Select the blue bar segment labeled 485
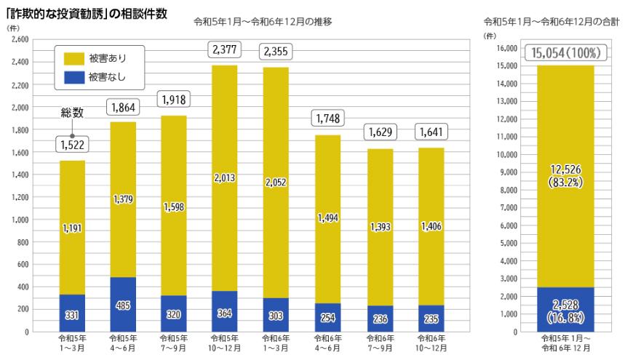[x=122, y=304]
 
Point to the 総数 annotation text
[x=72, y=113]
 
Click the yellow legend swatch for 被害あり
[x=73, y=57]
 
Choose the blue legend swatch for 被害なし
[x=73, y=75]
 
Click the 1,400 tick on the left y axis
[x=20, y=175]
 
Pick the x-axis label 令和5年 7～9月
[x=173, y=343]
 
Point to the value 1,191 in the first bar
[x=71, y=228]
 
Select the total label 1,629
[x=378, y=133]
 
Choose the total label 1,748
[x=327, y=118]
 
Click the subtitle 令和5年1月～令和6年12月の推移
[x=263, y=22]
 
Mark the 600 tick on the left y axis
[x=22, y=265]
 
